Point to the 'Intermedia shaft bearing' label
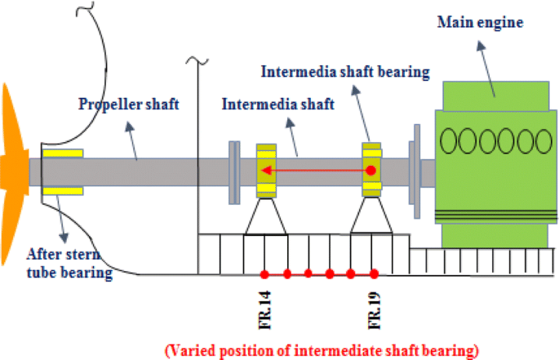point(344,72)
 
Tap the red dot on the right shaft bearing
point(370,171)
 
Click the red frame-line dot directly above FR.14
point(264,273)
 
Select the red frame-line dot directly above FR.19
point(374,273)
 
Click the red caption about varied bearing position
point(321,349)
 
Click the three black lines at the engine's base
point(490,215)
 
